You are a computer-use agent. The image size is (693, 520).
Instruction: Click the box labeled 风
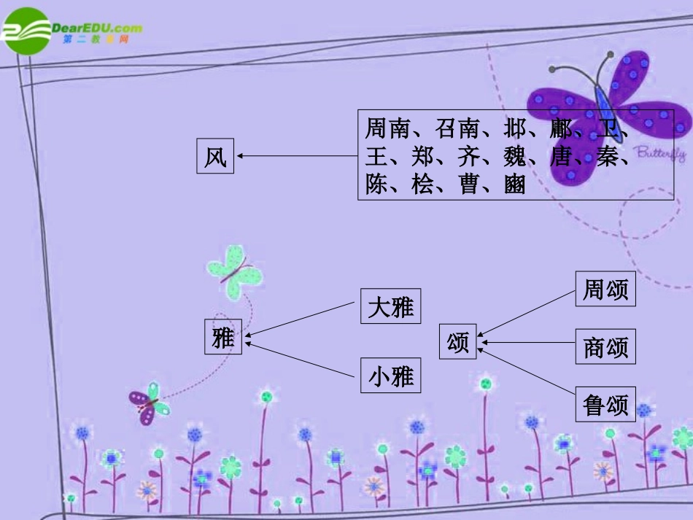point(215,156)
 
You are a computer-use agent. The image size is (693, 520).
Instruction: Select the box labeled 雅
point(222,337)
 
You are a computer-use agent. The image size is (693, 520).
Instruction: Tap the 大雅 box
point(391,306)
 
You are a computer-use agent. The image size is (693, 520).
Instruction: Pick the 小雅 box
point(391,376)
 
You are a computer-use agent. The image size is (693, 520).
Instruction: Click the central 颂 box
point(457,341)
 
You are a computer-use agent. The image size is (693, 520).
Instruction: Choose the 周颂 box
point(605,289)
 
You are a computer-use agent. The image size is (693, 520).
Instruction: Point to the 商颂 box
point(605,347)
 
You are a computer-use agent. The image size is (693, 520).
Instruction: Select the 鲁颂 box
point(605,405)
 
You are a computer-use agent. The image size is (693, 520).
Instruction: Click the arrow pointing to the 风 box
point(295,155)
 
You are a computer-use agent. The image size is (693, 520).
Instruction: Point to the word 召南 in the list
point(457,129)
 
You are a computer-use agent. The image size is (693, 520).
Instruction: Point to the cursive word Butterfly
point(659,153)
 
